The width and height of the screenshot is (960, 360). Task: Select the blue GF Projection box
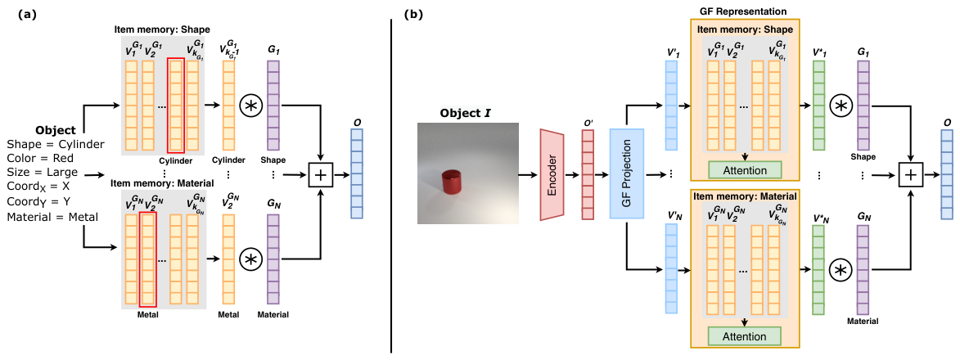(627, 174)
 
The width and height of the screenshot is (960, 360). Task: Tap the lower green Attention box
(745, 336)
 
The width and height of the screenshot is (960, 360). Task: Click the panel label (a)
(16, 14)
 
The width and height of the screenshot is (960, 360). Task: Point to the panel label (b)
(411, 14)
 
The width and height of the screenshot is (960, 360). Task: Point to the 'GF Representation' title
(744, 11)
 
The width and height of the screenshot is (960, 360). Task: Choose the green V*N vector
(818, 269)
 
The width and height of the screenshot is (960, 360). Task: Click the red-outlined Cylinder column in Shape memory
(176, 106)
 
